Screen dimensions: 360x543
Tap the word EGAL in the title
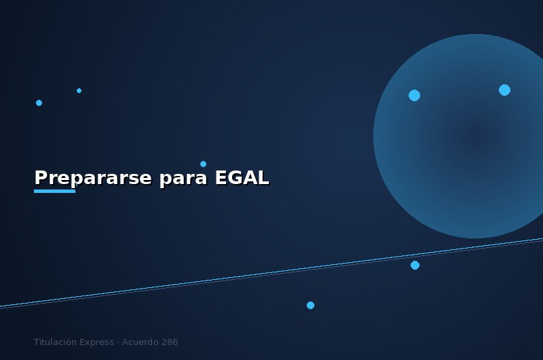[242, 178]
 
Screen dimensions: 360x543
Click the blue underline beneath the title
[54, 191]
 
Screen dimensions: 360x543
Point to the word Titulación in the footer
[55, 342]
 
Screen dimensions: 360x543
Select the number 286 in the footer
[170, 342]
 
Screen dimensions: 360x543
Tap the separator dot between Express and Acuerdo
[117, 342]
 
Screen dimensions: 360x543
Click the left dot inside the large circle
[414, 95]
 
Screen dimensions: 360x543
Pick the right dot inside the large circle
[504, 90]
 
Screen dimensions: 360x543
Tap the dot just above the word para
[203, 164]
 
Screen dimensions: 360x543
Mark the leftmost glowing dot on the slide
[39, 103]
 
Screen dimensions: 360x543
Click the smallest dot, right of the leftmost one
[79, 90]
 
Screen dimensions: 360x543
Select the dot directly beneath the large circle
[415, 265]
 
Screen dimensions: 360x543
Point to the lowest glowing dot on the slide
[310, 305]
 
